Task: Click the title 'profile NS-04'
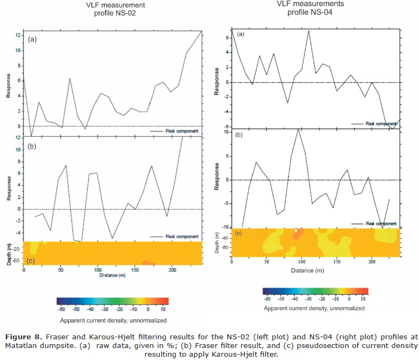tap(305, 13)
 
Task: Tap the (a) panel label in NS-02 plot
tap(33, 39)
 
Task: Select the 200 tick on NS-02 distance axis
tap(172, 270)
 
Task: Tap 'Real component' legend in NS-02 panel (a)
tap(176, 132)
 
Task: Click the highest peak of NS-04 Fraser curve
tap(298, 129)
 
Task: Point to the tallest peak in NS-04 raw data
tap(309, 30)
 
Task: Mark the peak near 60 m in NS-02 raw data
tap(70, 78)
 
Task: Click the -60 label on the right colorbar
tap(268, 300)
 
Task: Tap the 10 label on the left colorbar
tap(163, 308)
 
